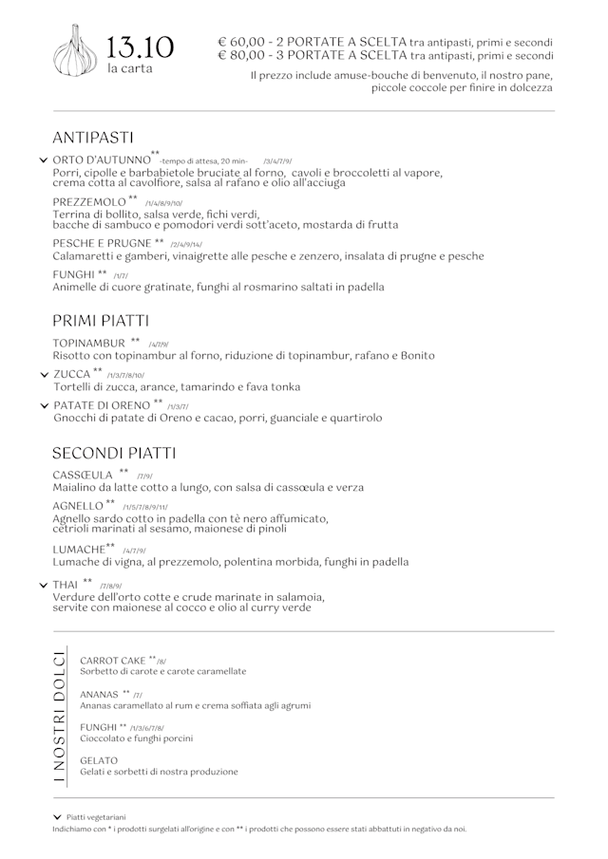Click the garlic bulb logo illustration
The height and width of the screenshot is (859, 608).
76,51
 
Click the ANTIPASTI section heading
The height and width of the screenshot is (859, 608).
92,138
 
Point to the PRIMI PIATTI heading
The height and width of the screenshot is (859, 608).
101,321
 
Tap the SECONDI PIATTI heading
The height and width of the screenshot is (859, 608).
114,453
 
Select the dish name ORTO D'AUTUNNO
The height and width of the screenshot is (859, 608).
102,160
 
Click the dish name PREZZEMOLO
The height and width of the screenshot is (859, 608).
89,202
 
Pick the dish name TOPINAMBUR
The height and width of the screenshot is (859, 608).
89,343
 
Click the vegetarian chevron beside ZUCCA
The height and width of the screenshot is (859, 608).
44,375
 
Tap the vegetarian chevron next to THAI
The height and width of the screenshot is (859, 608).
44,585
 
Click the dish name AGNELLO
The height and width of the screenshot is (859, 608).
78,506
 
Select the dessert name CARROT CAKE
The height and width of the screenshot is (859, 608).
113,660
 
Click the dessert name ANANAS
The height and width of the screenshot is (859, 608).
100,695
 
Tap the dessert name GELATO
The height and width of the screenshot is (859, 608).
99,760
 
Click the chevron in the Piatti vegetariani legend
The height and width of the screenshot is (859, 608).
57,816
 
